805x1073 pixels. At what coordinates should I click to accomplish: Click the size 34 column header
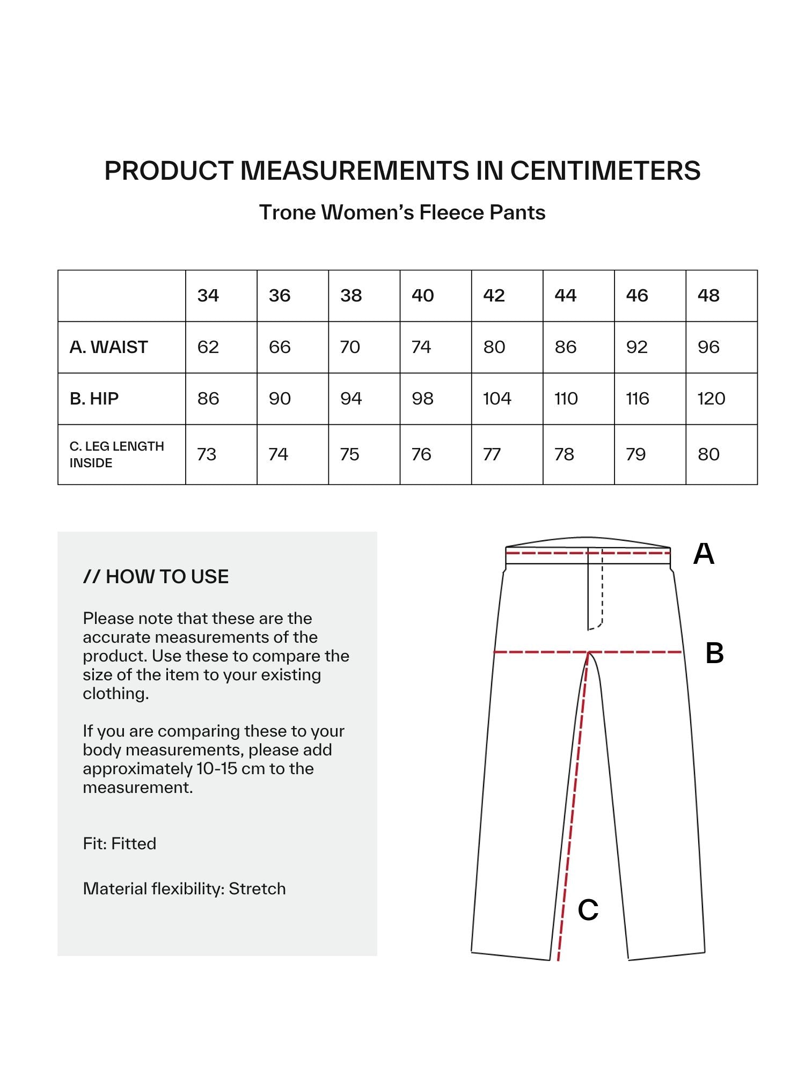(x=208, y=296)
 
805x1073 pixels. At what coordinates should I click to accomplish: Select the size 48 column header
(x=708, y=296)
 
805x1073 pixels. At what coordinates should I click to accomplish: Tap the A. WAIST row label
(x=108, y=347)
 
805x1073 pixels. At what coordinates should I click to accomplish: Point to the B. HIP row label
(x=94, y=399)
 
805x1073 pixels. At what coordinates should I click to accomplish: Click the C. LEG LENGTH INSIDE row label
(x=116, y=454)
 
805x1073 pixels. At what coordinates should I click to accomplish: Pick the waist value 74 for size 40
(x=421, y=347)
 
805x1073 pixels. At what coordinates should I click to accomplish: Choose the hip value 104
(x=497, y=399)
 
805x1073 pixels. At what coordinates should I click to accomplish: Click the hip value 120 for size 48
(x=711, y=399)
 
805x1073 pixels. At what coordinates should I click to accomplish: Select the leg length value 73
(x=207, y=454)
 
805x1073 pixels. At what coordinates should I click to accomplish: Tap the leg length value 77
(x=492, y=454)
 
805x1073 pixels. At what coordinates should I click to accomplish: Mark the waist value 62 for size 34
(x=208, y=347)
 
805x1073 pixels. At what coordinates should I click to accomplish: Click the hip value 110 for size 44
(x=566, y=399)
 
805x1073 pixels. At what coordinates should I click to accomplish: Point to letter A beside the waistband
(x=704, y=554)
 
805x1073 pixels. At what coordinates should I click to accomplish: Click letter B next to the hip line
(x=714, y=653)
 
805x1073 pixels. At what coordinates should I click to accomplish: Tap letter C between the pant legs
(x=588, y=910)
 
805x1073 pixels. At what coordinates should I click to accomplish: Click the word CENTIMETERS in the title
(x=605, y=171)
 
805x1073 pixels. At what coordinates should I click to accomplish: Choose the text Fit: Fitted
(x=120, y=843)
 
